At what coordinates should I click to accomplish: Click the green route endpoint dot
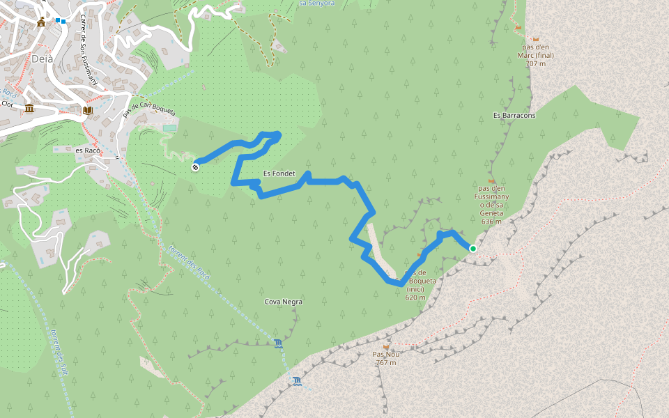tap(473, 249)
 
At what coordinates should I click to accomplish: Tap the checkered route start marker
tap(197, 166)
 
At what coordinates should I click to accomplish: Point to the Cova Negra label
tap(284, 302)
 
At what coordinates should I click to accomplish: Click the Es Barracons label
tap(514, 116)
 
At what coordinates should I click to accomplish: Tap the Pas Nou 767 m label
tap(385, 358)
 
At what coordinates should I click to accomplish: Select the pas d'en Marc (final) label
tap(536, 55)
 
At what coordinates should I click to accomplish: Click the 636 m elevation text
tap(491, 222)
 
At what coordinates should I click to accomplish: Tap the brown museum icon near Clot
tap(29, 109)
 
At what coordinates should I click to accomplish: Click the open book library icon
tap(87, 110)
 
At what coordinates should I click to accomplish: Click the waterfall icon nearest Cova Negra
tap(279, 343)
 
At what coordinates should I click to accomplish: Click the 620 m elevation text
tap(415, 297)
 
